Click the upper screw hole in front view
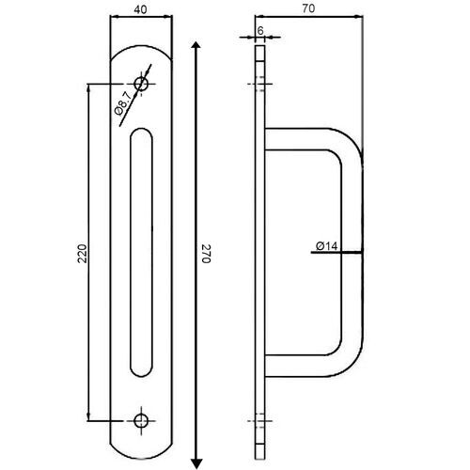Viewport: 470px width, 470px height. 142,85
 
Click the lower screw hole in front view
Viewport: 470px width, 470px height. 142,420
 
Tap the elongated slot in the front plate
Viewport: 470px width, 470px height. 141,254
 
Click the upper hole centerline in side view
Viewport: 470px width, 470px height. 260,85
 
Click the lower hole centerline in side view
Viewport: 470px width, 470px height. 260,420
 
